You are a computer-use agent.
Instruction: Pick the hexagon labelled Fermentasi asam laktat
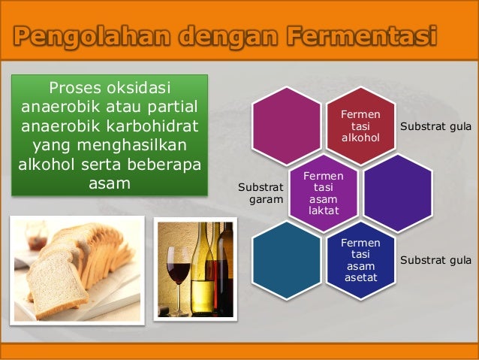(324, 192)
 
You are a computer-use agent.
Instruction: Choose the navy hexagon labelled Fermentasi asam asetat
(360, 260)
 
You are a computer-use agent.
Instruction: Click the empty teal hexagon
(286, 260)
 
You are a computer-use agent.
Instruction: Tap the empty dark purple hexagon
(397, 192)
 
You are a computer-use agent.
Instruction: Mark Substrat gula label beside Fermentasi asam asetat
(435, 260)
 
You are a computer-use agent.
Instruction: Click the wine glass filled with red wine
(179, 271)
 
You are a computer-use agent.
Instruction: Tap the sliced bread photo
(77, 268)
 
